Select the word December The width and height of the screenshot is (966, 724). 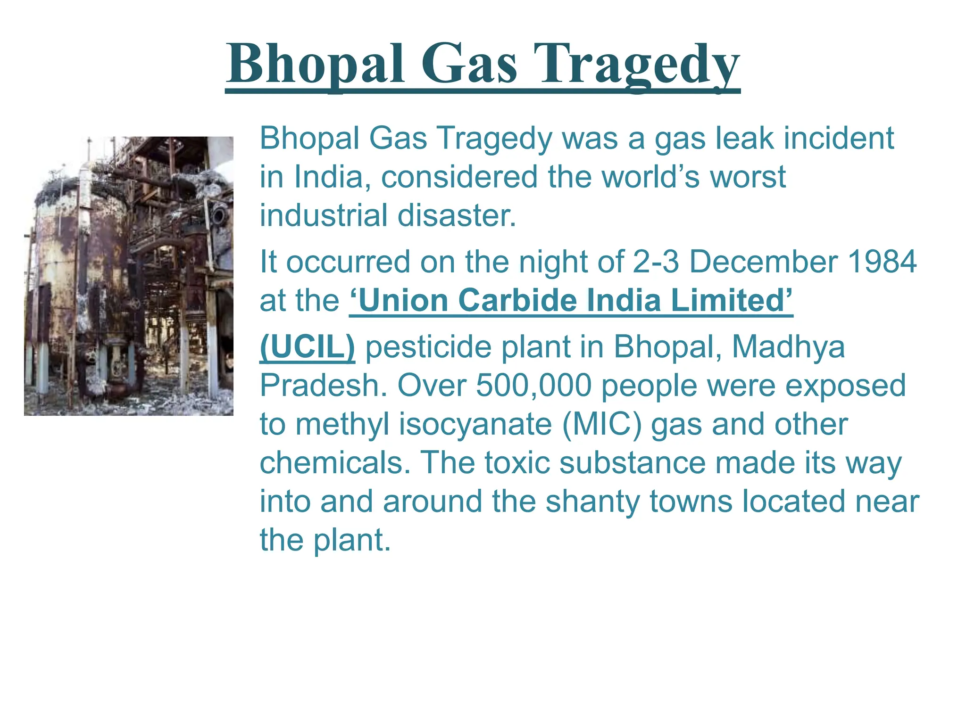(764, 262)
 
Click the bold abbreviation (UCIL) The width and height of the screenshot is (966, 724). (307, 347)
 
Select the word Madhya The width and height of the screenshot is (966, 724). (788, 347)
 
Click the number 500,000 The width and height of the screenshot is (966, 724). (533, 386)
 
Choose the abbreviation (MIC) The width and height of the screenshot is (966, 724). (602, 424)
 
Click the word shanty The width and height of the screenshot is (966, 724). (592, 502)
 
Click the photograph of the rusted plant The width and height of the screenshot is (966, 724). (129, 276)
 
